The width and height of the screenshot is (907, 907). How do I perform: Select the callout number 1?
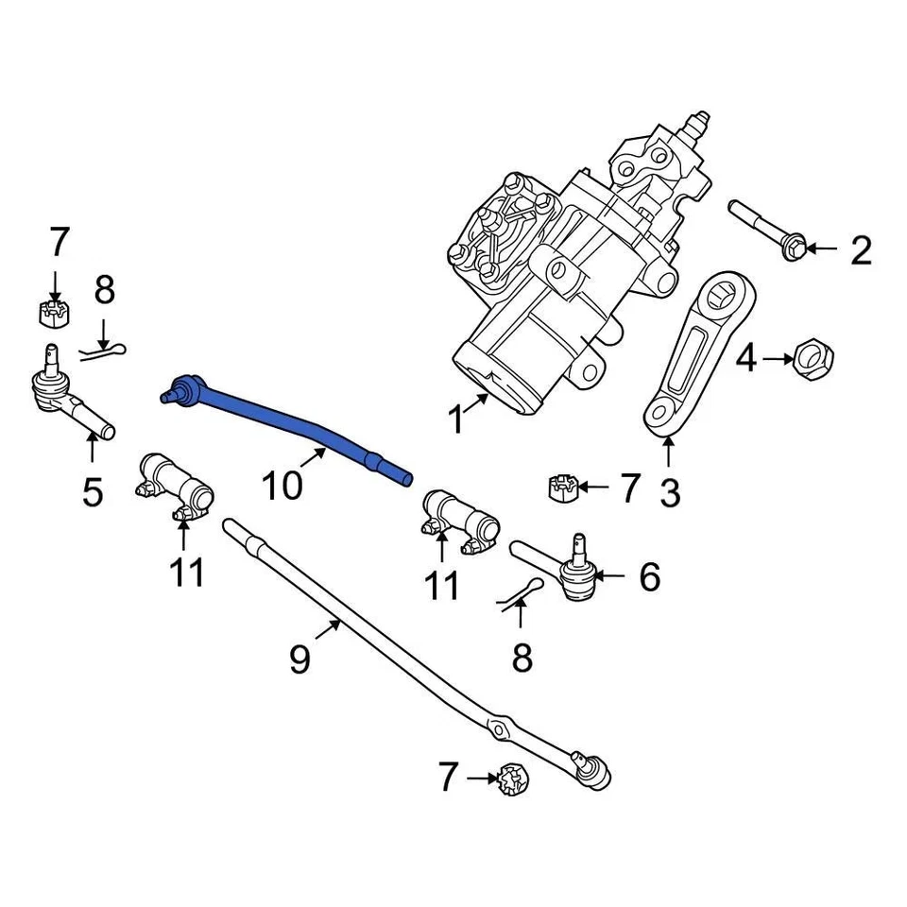pos(456,419)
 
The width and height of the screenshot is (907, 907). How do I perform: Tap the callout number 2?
pos(860,251)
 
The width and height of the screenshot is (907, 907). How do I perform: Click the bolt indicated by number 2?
pos(766,229)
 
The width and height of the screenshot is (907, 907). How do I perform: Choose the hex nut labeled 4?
pos(811,359)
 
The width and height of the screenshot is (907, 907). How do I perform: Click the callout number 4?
pos(746,359)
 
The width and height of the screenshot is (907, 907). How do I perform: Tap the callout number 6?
pos(649,576)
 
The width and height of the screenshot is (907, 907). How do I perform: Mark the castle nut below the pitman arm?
pos(562,488)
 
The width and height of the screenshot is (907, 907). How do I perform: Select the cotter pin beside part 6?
pos(519,596)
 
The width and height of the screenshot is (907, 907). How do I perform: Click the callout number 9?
pos(299,659)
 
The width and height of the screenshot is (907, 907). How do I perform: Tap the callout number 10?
pos(282,486)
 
